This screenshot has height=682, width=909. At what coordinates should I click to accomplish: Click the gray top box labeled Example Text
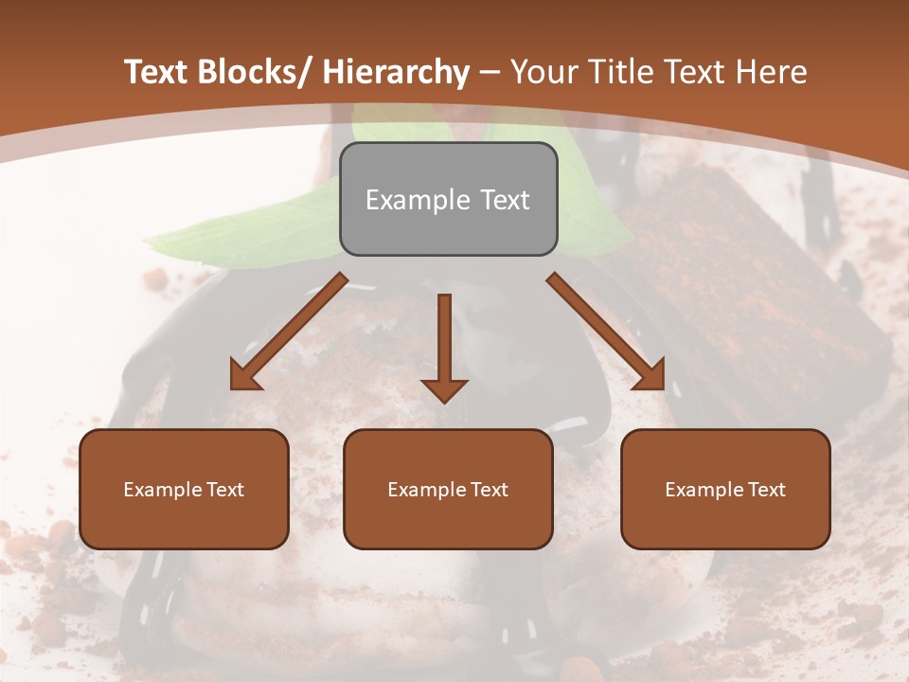click(x=448, y=199)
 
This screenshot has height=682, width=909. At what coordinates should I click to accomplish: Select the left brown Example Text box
click(x=184, y=489)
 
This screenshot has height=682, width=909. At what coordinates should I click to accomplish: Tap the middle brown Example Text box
click(x=448, y=489)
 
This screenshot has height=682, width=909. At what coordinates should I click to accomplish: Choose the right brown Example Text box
click(x=725, y=489)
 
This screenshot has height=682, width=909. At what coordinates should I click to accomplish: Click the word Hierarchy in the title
click(x=396, y=72)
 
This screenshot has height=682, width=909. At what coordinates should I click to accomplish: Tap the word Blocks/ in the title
click(x=258, y=72)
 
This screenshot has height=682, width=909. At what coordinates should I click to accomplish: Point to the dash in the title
click(x=490, y=72)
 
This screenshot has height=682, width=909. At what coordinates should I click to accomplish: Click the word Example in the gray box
click(x=417, y=200)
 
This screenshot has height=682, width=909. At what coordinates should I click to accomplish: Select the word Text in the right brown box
click(x=765, y=490)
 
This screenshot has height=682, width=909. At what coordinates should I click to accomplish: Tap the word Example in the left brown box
click(x=162, y=490)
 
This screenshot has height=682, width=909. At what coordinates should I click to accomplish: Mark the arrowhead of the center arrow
click(x=444, y=389)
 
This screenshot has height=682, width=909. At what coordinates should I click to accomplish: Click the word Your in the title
click(x=544, y=72)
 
